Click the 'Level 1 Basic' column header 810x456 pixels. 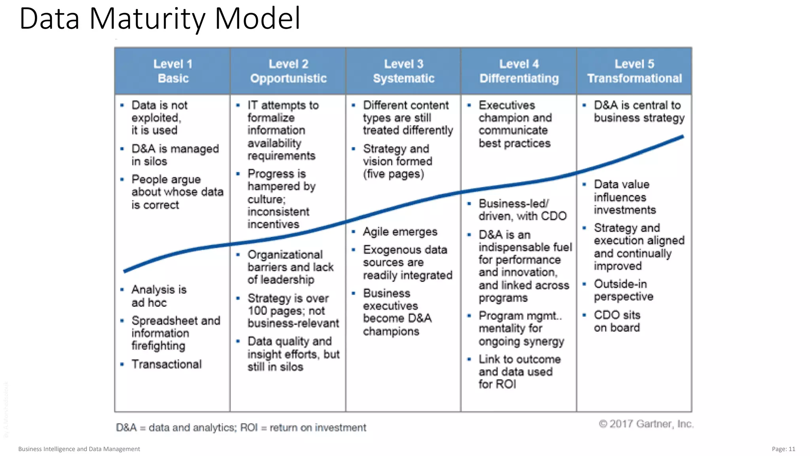(x=173, y=71)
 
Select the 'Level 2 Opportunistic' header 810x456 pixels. (x=288, y=71)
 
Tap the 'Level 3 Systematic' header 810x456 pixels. (x=403, y=71)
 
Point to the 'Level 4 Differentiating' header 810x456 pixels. (x=519, y=71)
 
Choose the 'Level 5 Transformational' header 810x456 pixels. (x=634, y=71)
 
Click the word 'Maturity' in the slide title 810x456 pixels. (x=146, y=19)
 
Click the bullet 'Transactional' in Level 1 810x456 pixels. (x=167, y=364)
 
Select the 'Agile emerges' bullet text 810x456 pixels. (x=400, y=232)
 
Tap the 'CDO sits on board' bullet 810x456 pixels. (x=617, y=321)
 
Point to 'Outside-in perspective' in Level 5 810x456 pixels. (x=623, y=290)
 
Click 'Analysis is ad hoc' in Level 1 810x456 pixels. (x=159, y=296)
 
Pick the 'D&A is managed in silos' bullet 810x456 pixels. (x=175, y=155)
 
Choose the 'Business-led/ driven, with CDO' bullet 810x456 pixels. (x=522, y=209)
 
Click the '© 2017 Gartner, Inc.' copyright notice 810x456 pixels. (x=646, y=424)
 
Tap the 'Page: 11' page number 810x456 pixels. (x=783, y=449)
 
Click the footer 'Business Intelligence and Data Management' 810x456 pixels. (x=79, y=449)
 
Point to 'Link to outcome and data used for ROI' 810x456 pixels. (x=519, y=371)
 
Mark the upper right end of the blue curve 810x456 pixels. (x=682, y=137)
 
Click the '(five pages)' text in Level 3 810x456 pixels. (x=394, y=174)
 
